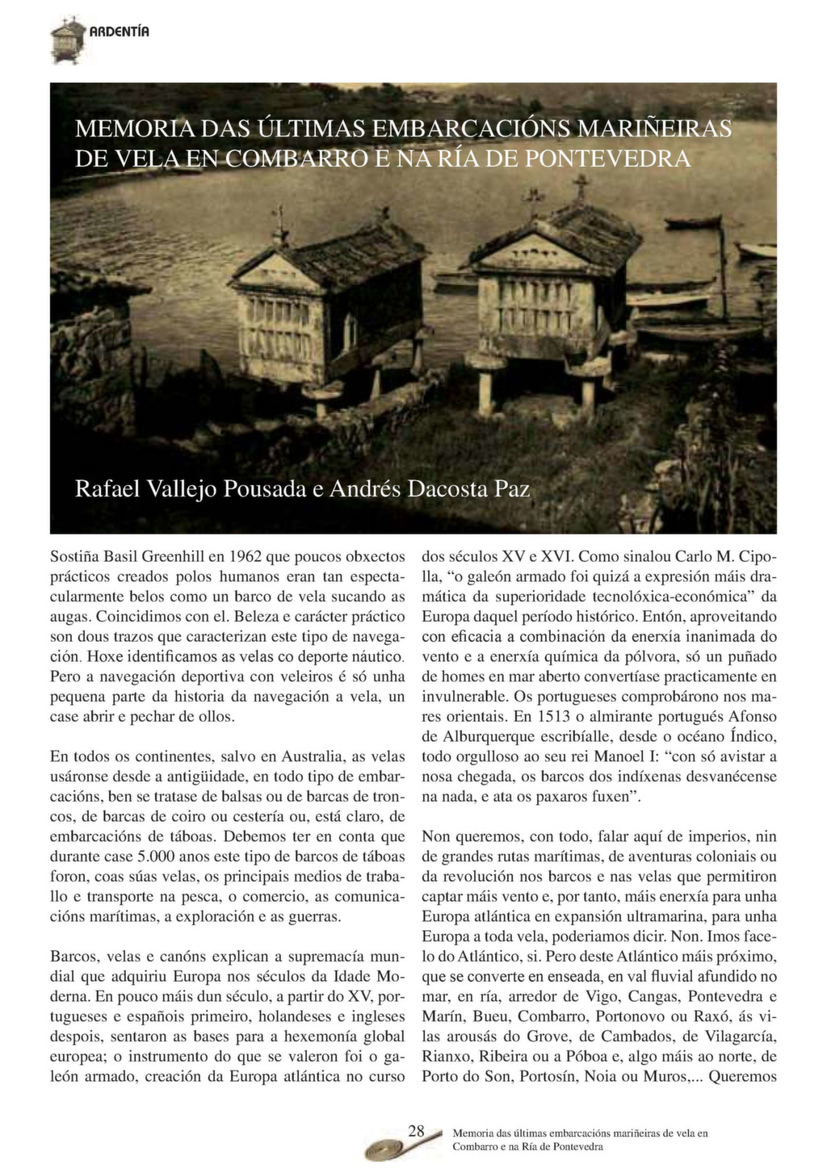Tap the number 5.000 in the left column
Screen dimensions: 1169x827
coord(138,857)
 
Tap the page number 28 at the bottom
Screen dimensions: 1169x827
coord(416,1131)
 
